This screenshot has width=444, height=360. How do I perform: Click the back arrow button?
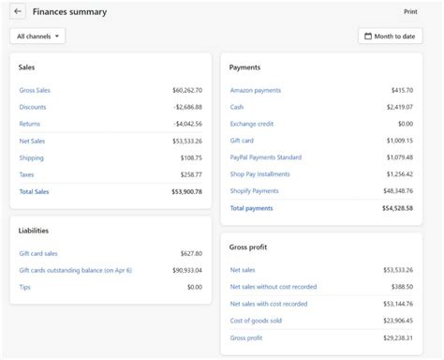(x=18, y=12)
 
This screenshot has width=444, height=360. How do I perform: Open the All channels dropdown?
(x=37, y=37)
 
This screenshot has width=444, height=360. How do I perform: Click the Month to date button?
(x=390, y=37)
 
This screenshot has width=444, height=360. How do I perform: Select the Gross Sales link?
(x=34, y=91)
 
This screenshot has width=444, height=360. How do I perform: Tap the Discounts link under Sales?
(x=32, y=107)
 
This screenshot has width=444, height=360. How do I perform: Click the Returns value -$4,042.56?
(x=187, y=124)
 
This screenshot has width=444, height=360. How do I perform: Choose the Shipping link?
(x=31, y=157)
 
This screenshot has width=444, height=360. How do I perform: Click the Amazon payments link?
(x=255, y=91)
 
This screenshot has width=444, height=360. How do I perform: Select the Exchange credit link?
(x=252, y=124)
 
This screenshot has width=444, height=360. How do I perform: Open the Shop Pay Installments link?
(x=259, y=174)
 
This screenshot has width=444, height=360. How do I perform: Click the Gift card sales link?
(x=39, y=253)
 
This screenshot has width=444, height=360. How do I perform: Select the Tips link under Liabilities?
(x=24, y=287)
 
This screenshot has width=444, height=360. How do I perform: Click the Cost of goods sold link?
(x=256, y=321)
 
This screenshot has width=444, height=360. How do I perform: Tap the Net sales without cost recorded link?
(x=274, y=287)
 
